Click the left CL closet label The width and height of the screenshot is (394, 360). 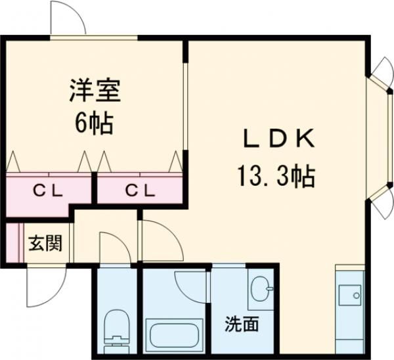48,191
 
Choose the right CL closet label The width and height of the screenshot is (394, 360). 140,191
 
